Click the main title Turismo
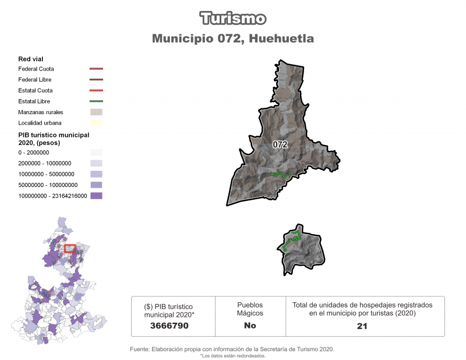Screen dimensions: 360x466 pos(233,19)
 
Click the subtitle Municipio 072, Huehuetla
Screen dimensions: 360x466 pos(233,39)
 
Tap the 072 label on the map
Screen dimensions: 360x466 pos(280,145)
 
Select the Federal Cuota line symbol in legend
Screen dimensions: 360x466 pos(96,69)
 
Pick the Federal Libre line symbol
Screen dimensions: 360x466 pos(96,80)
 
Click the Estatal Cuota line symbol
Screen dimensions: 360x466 pos(96,90)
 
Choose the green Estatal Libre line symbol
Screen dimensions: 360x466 pos(96,101)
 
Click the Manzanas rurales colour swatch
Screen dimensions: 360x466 pos(96,112)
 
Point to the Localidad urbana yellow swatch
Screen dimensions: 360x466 pos(96,123)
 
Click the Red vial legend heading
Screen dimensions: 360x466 pos(31,58)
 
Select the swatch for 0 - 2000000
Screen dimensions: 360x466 pos(96,153)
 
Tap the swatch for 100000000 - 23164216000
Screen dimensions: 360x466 pos(96,196)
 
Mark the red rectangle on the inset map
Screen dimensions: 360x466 pos(70,248)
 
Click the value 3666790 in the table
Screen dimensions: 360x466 pos(169,326)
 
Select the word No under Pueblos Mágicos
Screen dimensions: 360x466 pos(250,326)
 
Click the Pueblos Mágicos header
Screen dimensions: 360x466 pos(250,309)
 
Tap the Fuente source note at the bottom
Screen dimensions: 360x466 pos(232,350)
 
